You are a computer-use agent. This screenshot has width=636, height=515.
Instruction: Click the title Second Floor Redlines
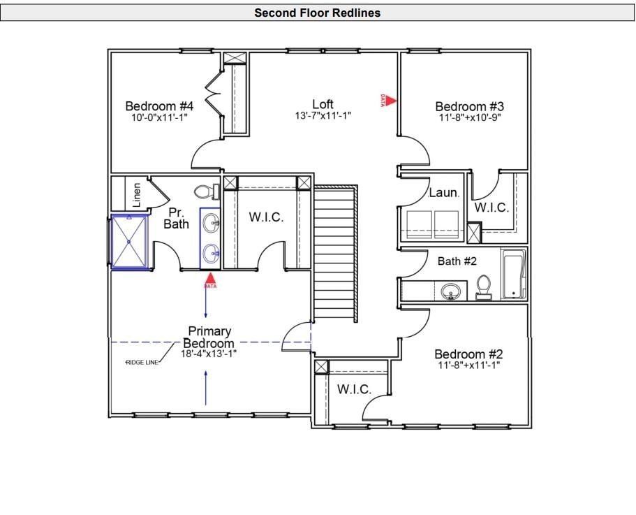pos(317,13)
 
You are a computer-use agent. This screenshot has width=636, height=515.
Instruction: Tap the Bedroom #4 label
pos(159,106)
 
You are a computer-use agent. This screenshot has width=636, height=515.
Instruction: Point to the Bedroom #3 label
pos(469,106)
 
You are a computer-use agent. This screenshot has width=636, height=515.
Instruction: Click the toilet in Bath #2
pos(483,287)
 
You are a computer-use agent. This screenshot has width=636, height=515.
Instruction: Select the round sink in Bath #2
pos(451,291)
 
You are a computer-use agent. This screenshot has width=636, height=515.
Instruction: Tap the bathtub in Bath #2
pos(514,274)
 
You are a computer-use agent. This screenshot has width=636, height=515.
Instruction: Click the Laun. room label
pos(443,192)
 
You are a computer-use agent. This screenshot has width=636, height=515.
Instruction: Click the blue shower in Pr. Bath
pos(130,241)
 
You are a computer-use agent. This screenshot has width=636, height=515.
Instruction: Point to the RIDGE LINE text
pos(142,363)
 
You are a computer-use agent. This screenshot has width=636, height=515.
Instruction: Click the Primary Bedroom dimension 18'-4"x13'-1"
pos(208,354)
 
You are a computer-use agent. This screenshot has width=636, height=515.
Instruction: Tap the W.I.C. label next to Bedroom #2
pos(354,389)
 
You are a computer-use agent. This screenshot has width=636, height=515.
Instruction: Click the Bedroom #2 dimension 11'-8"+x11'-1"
pos(468,365)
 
